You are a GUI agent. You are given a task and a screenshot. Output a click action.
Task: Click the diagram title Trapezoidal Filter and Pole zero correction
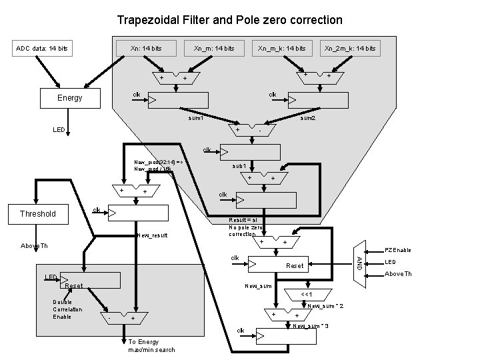coord(229,20)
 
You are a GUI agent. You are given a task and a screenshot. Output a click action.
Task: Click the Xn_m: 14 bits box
coord(213,48)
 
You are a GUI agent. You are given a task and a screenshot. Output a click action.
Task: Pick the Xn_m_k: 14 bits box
coord(283,48)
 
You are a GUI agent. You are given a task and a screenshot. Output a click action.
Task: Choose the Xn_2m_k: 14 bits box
coord(349,48)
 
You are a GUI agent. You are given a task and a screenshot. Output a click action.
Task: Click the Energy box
coord(70,98)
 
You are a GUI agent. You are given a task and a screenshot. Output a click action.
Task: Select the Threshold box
coord(38,214)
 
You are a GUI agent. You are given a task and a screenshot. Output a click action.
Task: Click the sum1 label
coord(195,118)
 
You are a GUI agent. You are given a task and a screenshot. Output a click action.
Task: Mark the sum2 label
coord(308,118)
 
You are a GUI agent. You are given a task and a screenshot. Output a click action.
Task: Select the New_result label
coord(151,236)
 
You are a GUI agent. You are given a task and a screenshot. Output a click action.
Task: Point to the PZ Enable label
coord(398,250)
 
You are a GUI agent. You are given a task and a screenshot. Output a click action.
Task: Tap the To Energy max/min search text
coord(151,345)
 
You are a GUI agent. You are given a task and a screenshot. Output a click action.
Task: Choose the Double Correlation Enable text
coord(68,309)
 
